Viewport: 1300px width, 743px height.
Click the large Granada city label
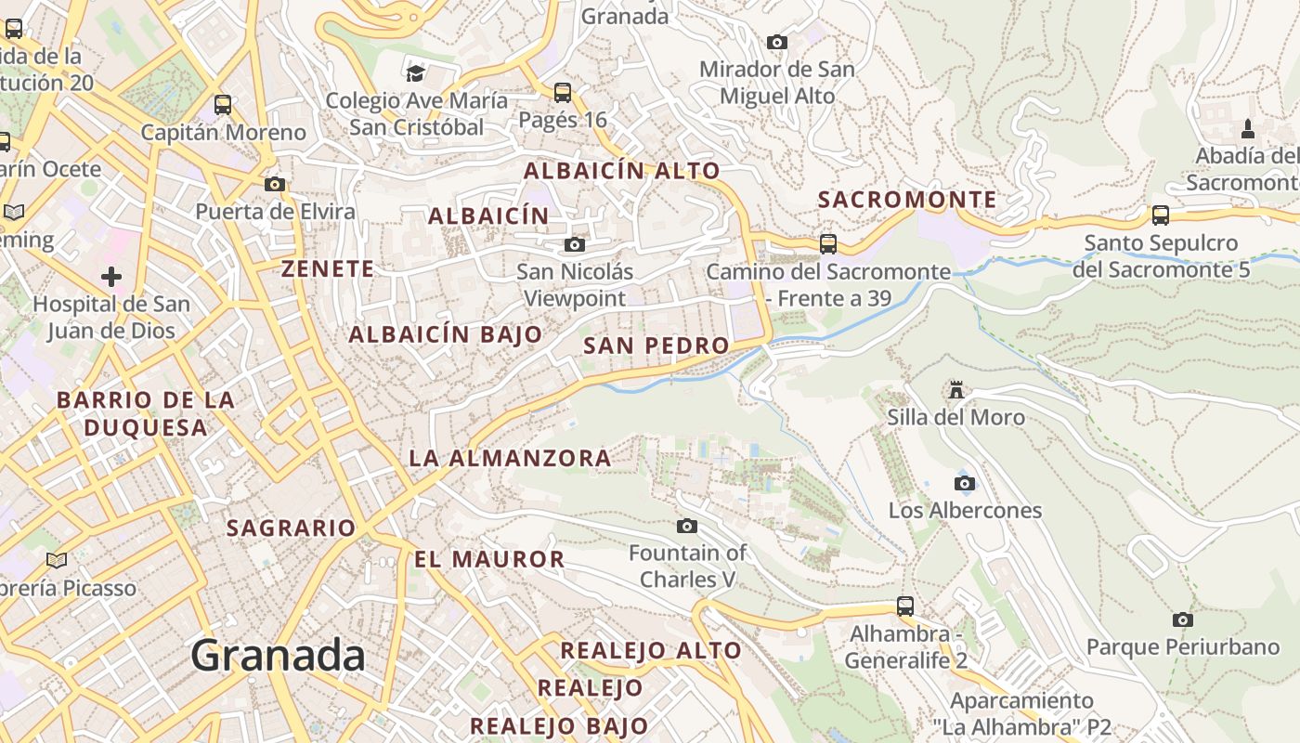click(x=278, y=656)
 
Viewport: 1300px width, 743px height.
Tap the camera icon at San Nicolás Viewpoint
click(x=575, y=244)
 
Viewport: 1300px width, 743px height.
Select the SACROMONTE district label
click(x=907, y=200)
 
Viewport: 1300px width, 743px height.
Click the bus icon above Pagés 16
click(x=563, y=92)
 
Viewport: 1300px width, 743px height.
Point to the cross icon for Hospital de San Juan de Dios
click(x=111, y=276)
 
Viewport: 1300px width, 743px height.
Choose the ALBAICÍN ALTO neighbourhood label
click(x=622, y=171)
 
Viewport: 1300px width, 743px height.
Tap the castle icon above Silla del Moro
click(x=956, y=390)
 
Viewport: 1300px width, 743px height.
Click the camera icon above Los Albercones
click(x=965, y=483)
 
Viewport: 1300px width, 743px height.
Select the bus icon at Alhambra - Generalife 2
click(x=905, y=606)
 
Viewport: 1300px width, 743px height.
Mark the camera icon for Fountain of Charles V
click(x=687, y=527)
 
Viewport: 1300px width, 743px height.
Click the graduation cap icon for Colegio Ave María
click(x=415, y=72)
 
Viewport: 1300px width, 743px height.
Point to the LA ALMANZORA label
click(x=511, y=458)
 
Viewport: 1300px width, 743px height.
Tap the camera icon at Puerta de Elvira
click(x=275, y=184)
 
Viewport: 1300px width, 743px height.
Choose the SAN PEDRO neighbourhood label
click(x=656, y=345)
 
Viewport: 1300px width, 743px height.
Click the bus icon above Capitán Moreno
click(x=223, y=104)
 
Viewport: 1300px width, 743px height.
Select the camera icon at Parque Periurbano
click(x=1182, y=619)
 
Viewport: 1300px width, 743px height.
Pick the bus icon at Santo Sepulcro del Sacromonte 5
click(x=1161, y=215)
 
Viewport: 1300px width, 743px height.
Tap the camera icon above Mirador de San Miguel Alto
click(x=777, y=42)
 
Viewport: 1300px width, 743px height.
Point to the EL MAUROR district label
click(x=489, y=559)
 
